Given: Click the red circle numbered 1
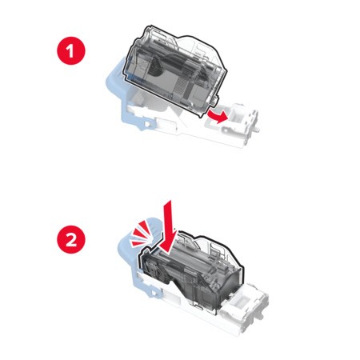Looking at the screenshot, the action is pos(70,50).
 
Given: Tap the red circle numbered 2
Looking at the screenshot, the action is pos(70,239).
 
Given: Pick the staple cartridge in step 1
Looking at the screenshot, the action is pos(174,70).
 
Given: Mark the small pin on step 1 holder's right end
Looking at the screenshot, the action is pos(258,130).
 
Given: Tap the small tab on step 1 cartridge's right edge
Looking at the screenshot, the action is pos(215,101).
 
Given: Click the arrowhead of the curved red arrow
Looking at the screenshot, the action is pos(223,118).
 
